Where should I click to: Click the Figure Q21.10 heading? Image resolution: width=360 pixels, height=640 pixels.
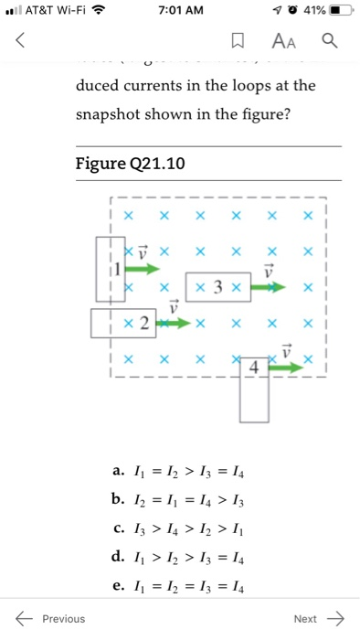tap(131, 165)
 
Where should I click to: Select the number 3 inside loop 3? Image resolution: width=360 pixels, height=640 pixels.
tap(217, 287)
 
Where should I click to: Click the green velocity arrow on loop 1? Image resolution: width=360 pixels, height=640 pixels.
tap(142, 269)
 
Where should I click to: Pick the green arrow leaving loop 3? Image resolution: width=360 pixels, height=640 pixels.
tap(270, 287)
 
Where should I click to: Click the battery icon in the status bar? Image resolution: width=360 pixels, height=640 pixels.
tap(339, 11)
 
